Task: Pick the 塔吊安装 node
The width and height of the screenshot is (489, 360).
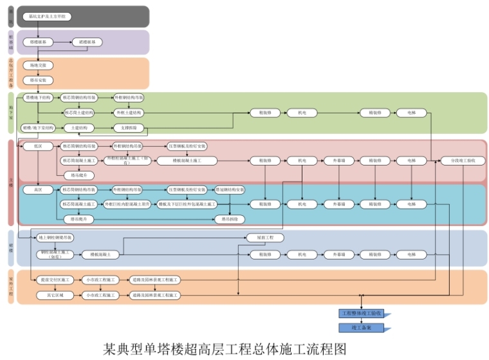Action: pos(37,80)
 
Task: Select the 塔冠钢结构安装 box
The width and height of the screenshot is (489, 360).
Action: pos(229,190)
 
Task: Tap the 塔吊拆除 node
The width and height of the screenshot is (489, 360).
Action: pos(229,219)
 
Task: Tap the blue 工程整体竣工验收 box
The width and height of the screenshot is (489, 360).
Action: pos(361,314)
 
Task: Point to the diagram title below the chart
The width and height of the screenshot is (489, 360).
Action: pos(225,348)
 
